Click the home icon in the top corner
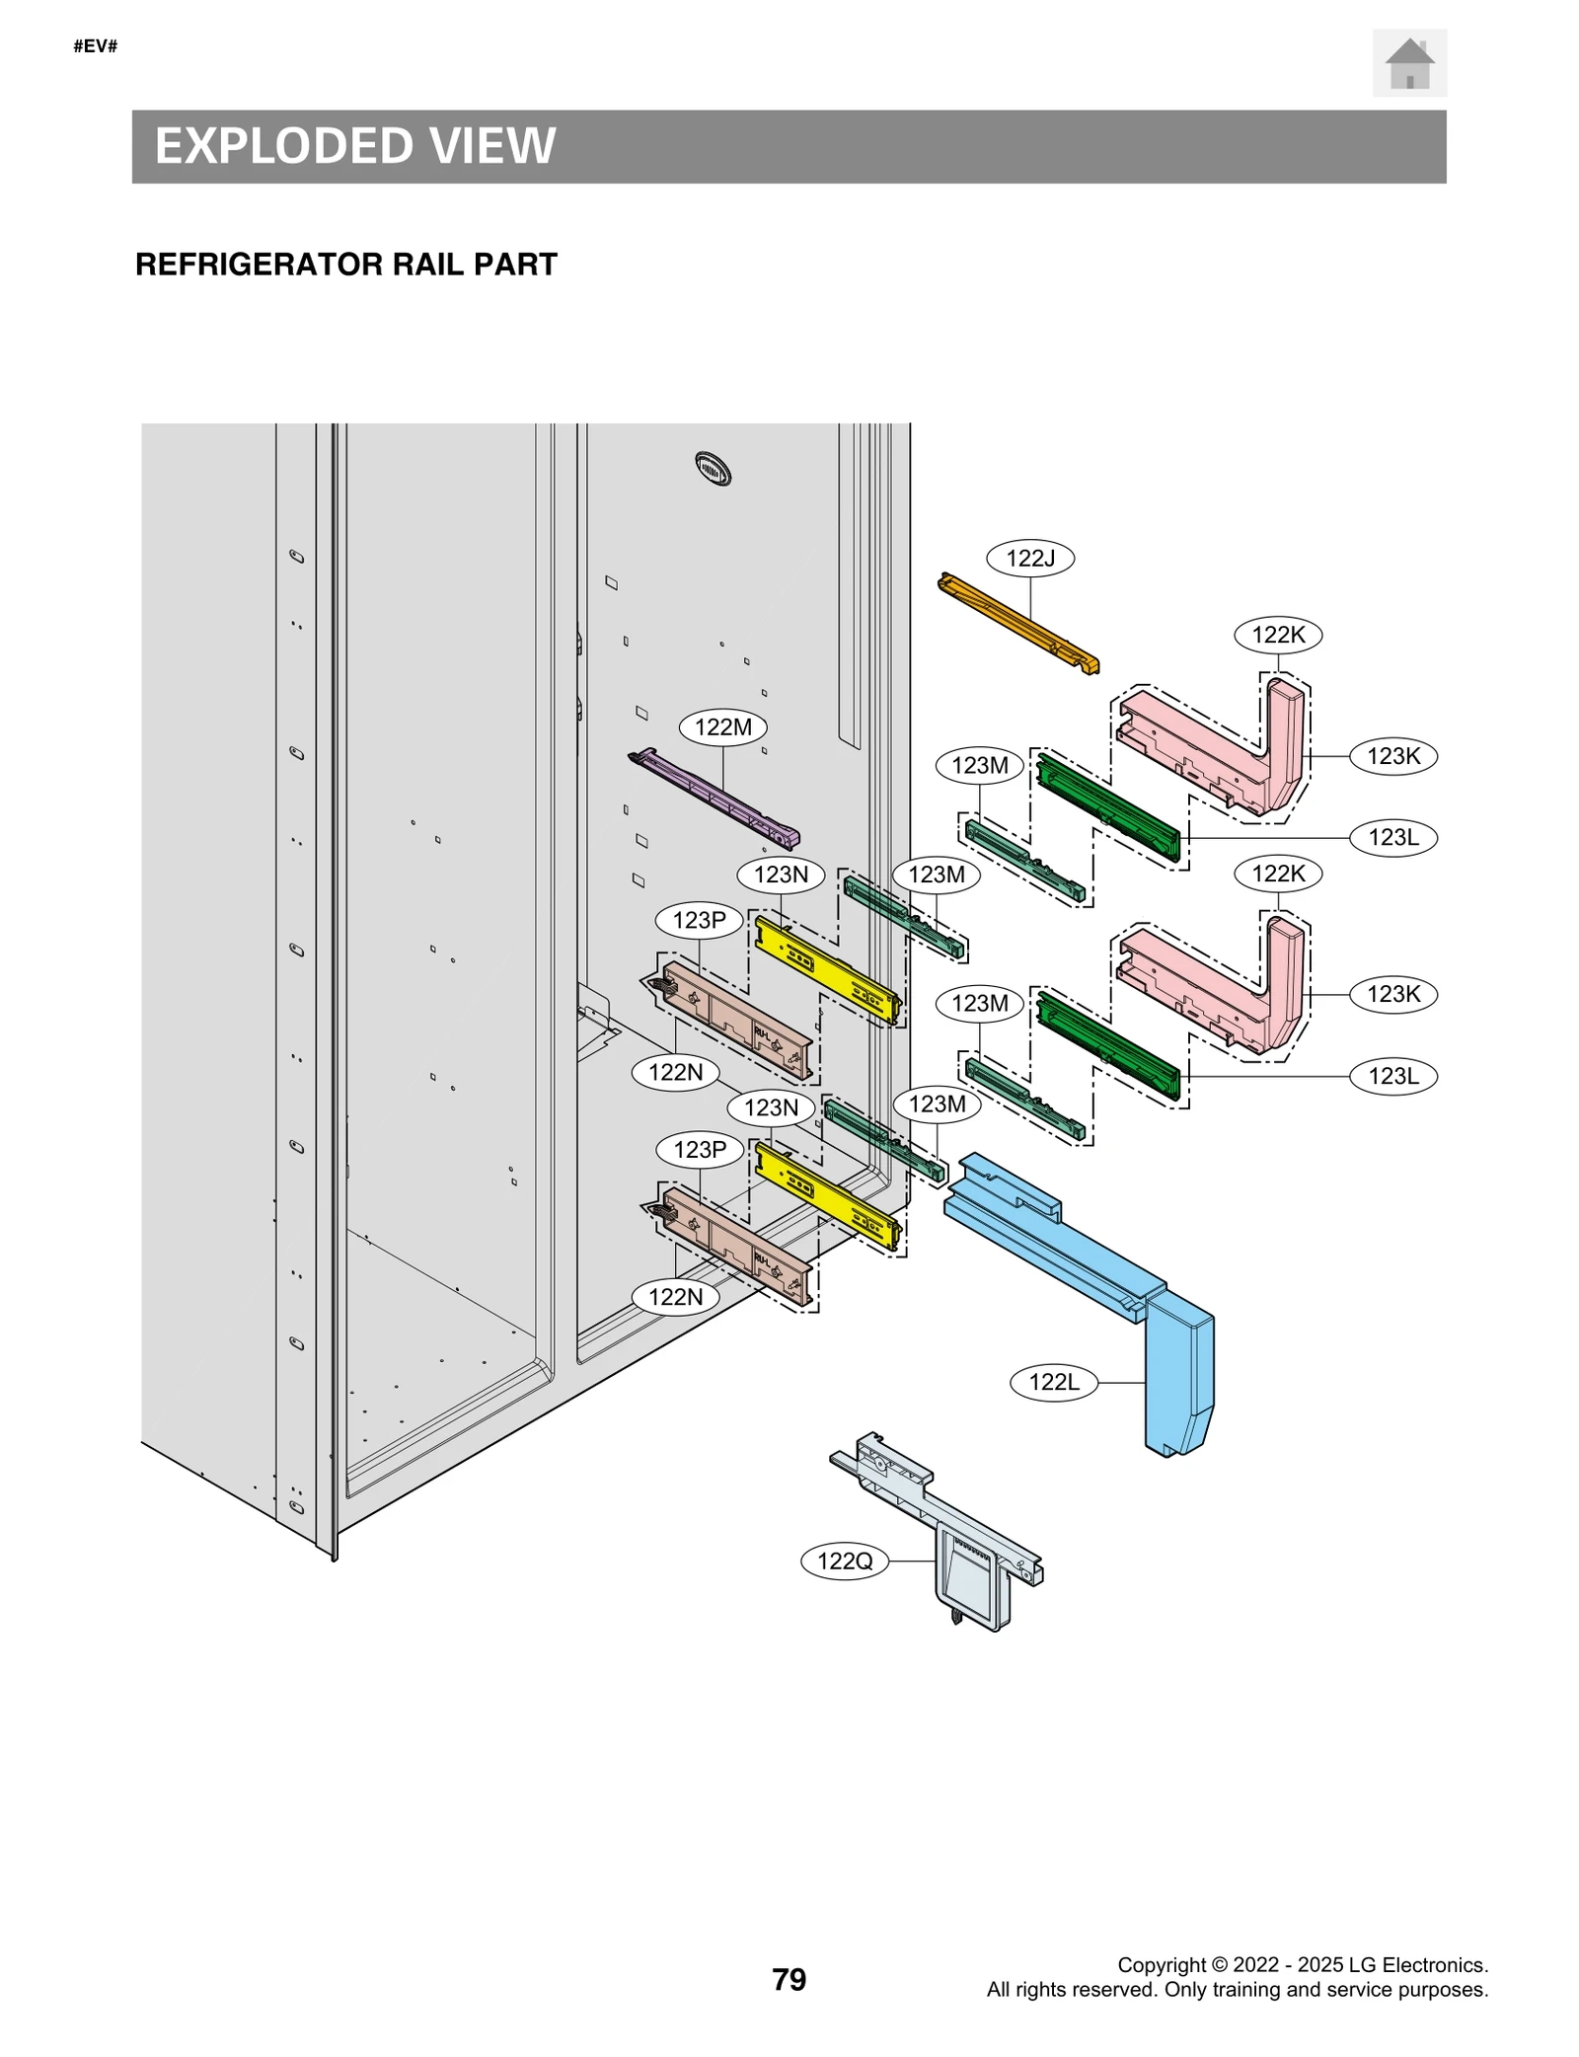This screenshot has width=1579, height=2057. coord(1408,64)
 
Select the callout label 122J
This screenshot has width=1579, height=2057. coord(1029,558)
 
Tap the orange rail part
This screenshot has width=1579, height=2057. coord(1016,623)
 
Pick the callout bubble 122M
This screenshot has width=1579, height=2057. coord(722,727)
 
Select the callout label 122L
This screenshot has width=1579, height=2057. coord(1053,1382)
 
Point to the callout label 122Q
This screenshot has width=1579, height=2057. coord(845,1561)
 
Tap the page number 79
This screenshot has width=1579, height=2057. coord(789,1979)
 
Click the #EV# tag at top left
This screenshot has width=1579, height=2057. coord(96,46)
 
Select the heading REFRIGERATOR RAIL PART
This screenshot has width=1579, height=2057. coord(345,265)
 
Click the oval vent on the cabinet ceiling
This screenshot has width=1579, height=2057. coord(713,468)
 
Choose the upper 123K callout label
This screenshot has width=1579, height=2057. coord(1392,756)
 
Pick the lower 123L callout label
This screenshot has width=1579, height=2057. coord(1392,1076)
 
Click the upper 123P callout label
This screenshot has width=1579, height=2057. coord(699,920)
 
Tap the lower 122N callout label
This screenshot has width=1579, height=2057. coord(675,1297)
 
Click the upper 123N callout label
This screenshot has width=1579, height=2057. coord(781,875)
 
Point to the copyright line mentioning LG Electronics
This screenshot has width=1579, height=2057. coord(1302,1964)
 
